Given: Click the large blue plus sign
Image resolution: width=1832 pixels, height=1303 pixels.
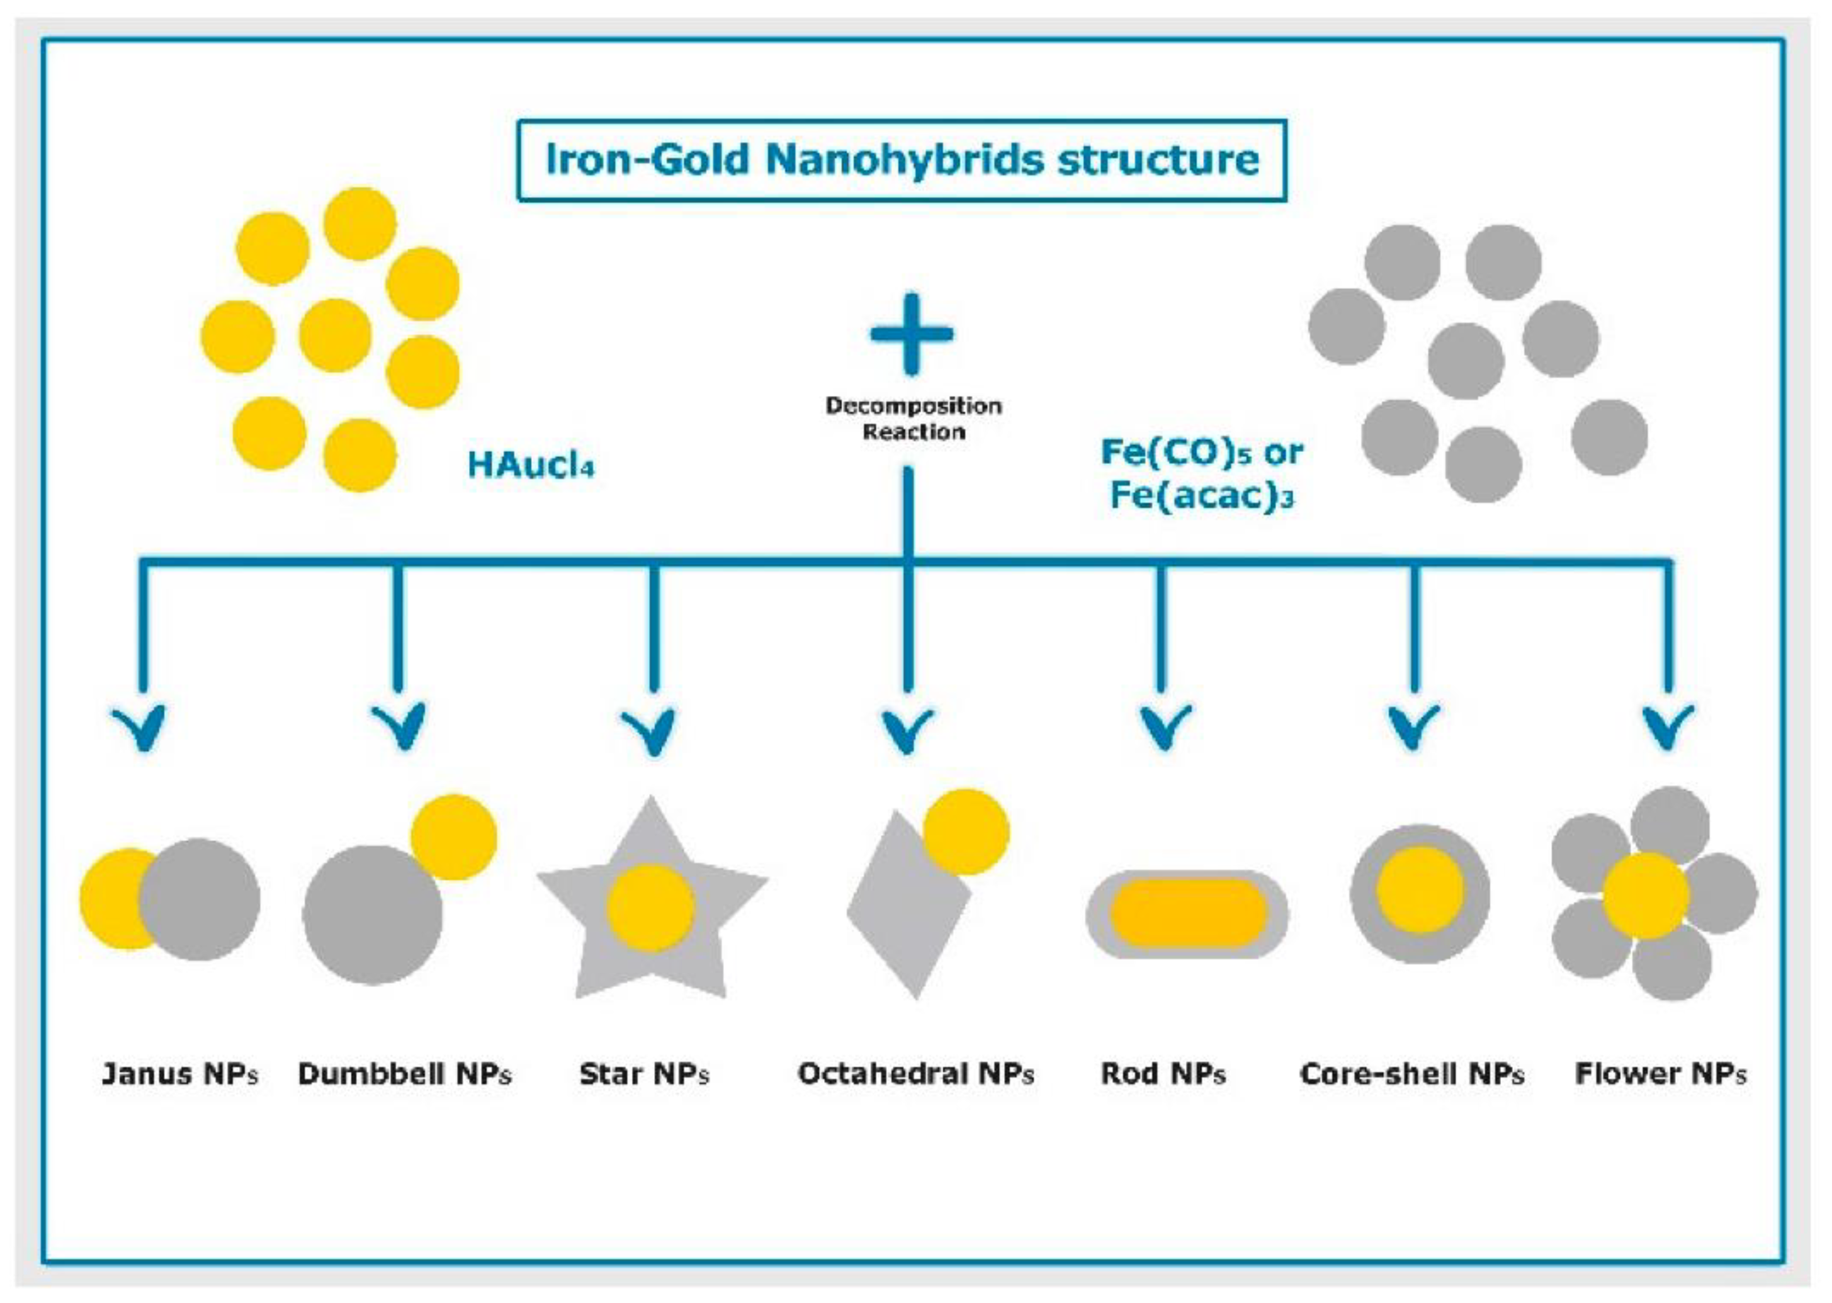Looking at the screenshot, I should tap(911, 334).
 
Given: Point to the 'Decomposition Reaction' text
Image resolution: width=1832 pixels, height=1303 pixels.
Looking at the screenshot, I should tap(913, 418).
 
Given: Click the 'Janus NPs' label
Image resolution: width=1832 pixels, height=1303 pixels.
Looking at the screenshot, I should tap(180, 1073).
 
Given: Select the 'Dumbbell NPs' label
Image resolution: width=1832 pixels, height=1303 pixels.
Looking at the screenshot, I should tap(404, 1073).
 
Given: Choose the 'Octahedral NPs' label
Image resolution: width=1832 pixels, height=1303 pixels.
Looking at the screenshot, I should tap(915, 1073).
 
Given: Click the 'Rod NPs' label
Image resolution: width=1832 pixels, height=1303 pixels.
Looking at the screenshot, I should tap(1163, 1073).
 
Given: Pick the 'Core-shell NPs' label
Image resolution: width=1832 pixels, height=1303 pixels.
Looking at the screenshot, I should tap(1411, 1073).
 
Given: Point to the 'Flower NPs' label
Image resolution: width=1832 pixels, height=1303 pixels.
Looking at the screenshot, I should tap(1660, 1073).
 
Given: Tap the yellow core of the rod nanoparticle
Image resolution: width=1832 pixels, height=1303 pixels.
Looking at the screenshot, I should tap(1187, 915).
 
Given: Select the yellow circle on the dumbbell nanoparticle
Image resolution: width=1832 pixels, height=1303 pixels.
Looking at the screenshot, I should tap(454, 836).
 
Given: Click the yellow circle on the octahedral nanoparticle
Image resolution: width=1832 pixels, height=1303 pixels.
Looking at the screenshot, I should tap(966, 832).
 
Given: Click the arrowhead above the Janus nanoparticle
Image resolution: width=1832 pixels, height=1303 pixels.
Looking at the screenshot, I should tap(142, 727).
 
